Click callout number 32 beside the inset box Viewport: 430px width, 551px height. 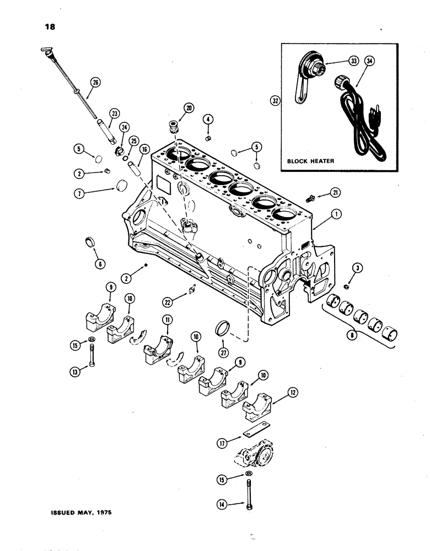pos(273,101)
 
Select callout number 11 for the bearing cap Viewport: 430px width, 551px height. pos(165,320)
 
